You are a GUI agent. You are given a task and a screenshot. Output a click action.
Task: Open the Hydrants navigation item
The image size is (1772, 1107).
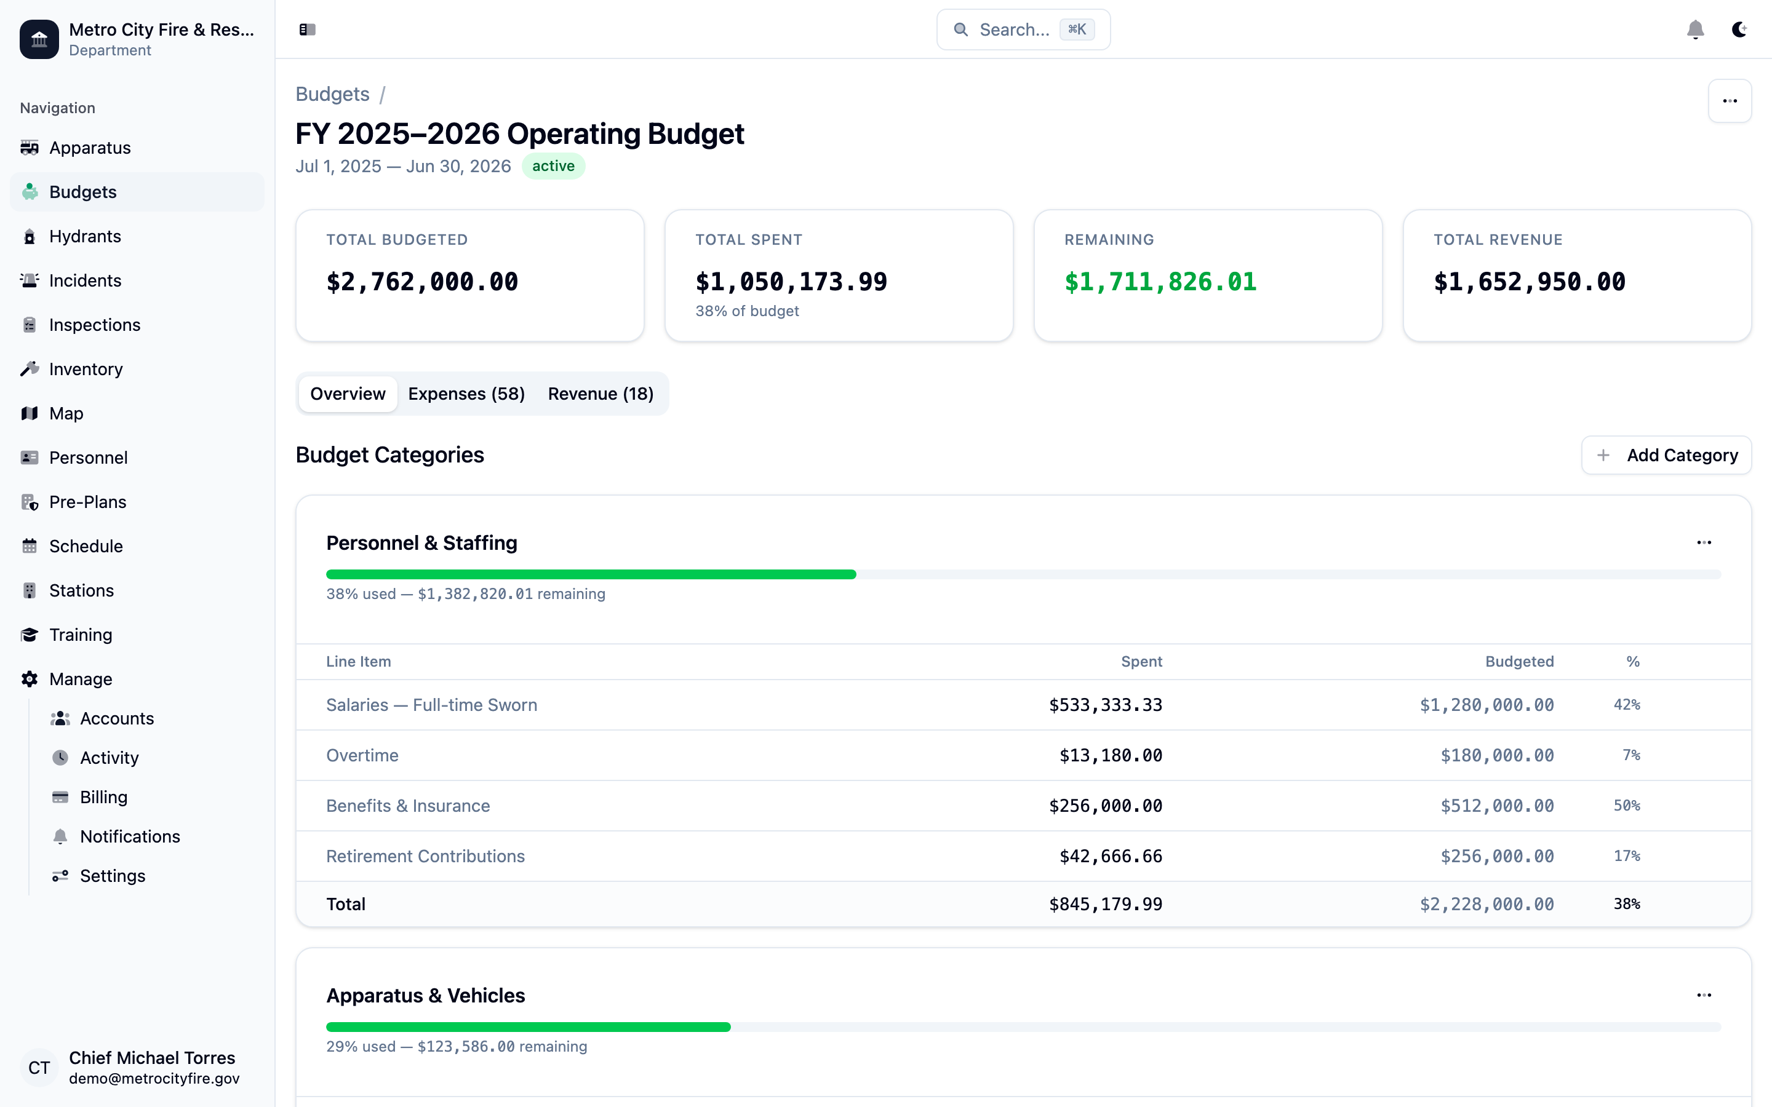click(84, 237)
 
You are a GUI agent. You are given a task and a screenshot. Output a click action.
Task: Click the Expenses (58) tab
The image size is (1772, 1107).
click(466, 394)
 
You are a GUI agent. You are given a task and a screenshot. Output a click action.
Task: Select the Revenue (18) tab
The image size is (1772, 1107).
click(601, 394)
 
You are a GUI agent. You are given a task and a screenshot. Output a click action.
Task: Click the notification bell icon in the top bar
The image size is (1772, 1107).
click(1695, 30)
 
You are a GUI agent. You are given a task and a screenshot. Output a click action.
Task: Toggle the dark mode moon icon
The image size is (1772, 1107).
click(1739, 30)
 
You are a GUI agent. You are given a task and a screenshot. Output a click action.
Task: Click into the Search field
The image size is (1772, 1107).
click(1014, 30)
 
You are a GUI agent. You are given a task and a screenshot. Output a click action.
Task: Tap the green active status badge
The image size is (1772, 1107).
click(553, 166)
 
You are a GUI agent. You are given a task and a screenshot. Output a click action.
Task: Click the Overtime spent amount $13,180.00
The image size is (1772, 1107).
click(1110, 755)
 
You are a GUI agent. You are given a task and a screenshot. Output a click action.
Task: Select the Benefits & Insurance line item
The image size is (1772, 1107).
click(408, 806)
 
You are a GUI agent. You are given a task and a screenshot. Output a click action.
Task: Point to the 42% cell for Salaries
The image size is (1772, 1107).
click(1626, 704)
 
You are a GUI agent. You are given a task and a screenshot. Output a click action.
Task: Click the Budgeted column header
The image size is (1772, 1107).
click(1519, 661)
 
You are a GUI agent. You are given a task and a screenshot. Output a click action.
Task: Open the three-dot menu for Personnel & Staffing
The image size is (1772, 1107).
click(1704, 542)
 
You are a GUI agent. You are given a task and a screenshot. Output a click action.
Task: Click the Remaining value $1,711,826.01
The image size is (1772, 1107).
click(1160, 282)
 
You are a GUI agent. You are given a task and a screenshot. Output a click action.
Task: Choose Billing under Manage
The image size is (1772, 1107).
click(103, 796)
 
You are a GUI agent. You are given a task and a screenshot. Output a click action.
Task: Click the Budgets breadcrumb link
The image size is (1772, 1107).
click(332, 95)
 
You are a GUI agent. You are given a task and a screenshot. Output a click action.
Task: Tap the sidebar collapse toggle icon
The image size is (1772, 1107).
click(308, 30)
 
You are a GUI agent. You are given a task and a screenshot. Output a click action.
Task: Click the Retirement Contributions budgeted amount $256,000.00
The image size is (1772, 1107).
click(1497, 856)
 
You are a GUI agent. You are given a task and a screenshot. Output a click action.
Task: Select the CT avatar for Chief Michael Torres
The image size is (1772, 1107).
click(39, 1068)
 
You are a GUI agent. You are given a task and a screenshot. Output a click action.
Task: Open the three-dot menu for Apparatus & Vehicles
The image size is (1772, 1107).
click(1704, 995)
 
